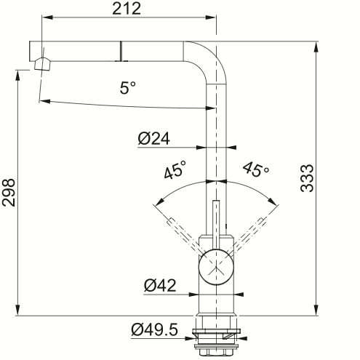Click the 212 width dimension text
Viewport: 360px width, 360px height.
click(x=127, y=9)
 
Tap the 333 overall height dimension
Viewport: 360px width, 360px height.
click(x=307, y=178)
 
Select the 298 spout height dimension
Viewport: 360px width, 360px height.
click(x=9, y=193)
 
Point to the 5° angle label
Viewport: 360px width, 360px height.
click(x=128, y=87)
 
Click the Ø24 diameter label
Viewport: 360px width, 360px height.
click(x=154, y=139)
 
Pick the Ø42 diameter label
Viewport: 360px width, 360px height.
click(x=160, y=286)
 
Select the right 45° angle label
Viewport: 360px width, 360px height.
click(x=256, y=169)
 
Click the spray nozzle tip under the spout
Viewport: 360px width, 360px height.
click(x=43, y=64)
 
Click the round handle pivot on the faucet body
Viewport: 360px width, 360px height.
click(x=216, y=267)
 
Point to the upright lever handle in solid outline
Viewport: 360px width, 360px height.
click(x=216, y=224)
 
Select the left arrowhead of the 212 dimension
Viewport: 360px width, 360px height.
click(x=47, y=17)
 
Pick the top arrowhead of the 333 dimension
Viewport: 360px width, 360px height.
click(x=316, y=47)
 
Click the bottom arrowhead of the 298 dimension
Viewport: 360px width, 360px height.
click(x=17, y=310)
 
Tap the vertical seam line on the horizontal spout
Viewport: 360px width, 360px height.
click(x=120, y=51)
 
